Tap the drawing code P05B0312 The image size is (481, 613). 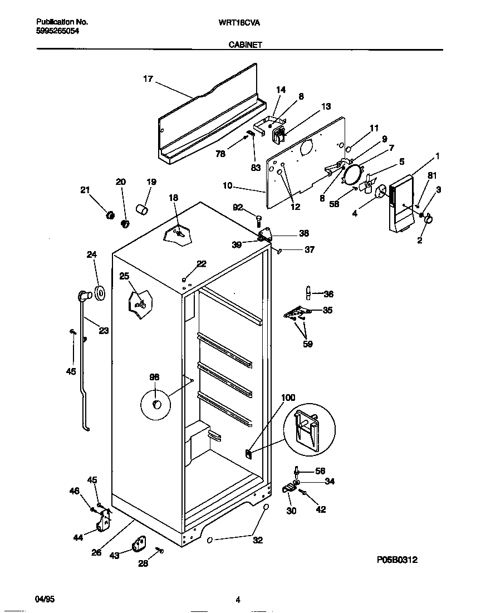397,560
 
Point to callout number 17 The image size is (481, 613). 148,79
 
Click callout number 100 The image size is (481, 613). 288,398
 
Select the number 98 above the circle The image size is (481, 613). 154,377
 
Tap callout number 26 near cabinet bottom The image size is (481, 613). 96,553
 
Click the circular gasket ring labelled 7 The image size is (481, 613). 352,174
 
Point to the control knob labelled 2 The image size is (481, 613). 429,221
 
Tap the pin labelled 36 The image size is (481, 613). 307,293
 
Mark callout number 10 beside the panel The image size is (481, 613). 227,185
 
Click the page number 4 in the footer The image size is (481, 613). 238,600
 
